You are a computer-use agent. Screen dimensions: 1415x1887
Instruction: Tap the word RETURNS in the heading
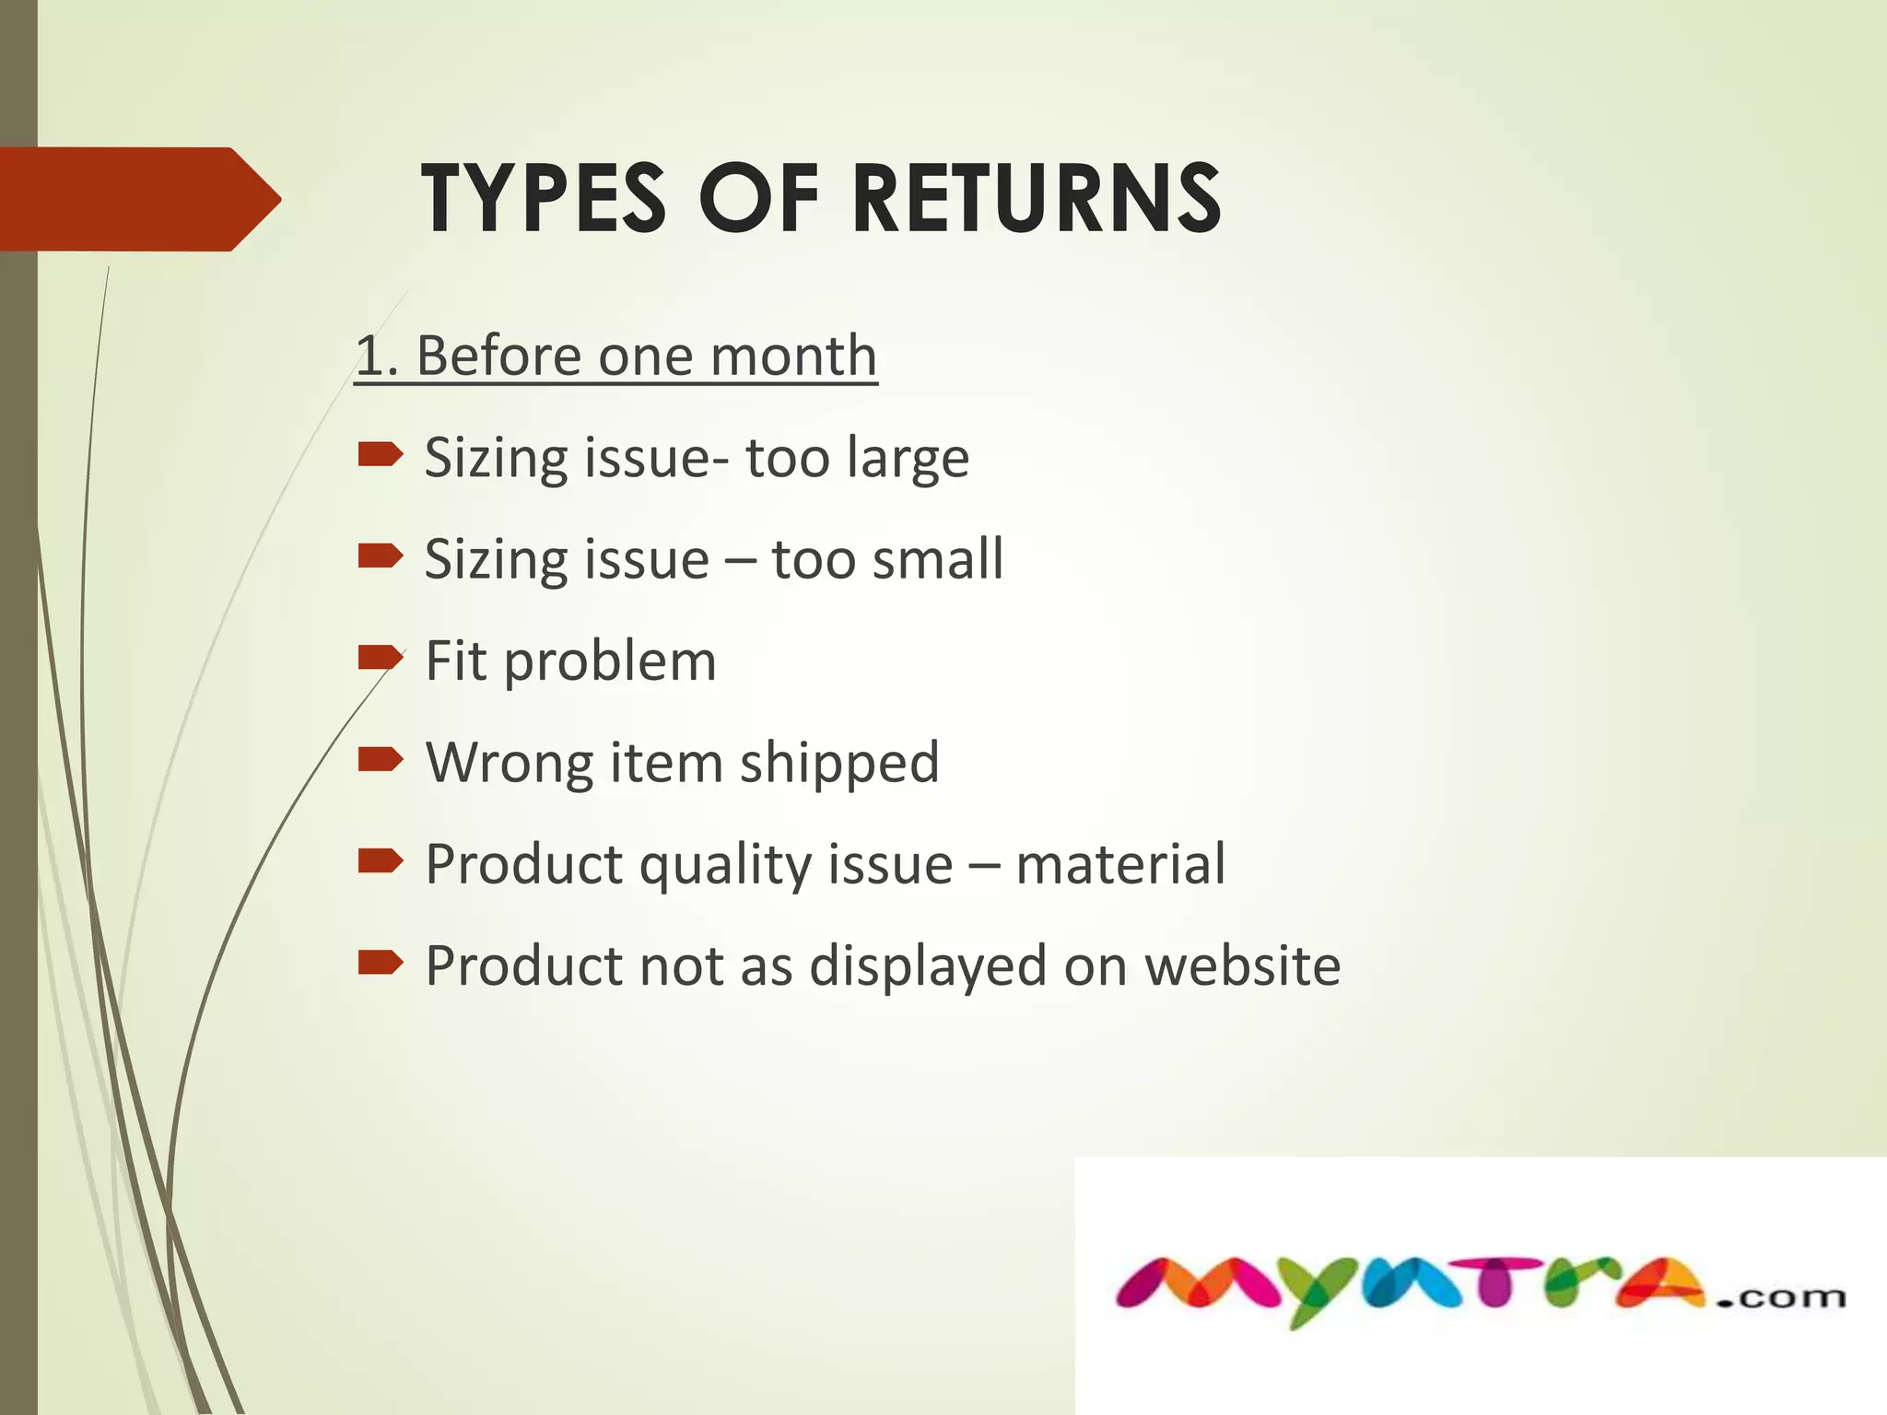[1037, 199]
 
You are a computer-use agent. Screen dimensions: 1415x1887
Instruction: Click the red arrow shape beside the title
[138, 199]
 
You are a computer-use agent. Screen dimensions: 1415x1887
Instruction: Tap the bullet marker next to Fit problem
[381, 658]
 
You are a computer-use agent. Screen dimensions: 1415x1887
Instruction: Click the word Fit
[455, 661]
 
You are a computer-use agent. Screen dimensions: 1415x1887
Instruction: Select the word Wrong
[509, 764]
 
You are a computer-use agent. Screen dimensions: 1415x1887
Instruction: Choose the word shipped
[839, 764]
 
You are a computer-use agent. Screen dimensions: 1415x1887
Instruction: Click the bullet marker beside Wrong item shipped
[381, 759]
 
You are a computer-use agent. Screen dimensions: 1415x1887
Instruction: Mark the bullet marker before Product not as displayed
[381, 963]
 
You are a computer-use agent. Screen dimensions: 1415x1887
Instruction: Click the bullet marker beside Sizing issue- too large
[381, 454]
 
